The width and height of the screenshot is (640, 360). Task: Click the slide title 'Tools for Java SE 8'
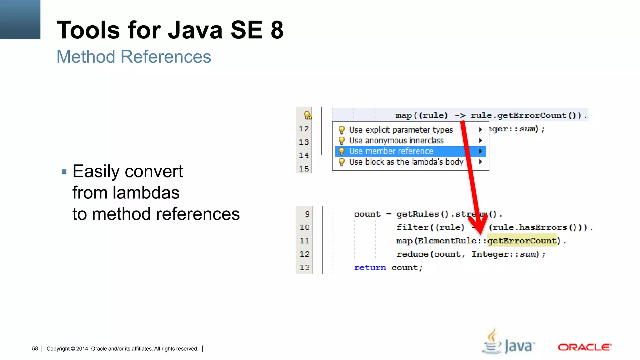coord(170,30)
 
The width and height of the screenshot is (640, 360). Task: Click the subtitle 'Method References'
coord(134,57)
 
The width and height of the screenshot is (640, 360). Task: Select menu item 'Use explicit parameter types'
coord(401,130)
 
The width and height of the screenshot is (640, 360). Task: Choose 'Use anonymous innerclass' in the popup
coord(396,141)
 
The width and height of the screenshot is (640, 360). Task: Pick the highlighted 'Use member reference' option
coord(391,151)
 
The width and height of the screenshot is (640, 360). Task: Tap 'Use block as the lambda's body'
coord(406,162)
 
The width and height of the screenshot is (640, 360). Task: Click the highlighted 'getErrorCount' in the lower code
coord(522,241)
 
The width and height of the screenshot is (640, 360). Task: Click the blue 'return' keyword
coord(370,267)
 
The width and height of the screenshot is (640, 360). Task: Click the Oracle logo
coord(584,347)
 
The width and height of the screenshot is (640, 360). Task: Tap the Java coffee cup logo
coord(492,342)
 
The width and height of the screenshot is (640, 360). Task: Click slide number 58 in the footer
coord(35,348)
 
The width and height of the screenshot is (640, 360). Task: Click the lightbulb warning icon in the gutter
coord(307,115)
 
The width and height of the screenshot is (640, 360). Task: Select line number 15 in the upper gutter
coord(304,169)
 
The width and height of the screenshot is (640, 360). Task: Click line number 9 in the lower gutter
coord(307,214)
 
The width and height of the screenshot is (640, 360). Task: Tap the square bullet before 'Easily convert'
coord(64,172)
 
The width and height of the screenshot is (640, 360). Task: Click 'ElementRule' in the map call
coord(447,241)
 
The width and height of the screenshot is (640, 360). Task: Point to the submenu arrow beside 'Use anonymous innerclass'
coord(481,141)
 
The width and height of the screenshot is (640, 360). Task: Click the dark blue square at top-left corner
coord(20,19)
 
